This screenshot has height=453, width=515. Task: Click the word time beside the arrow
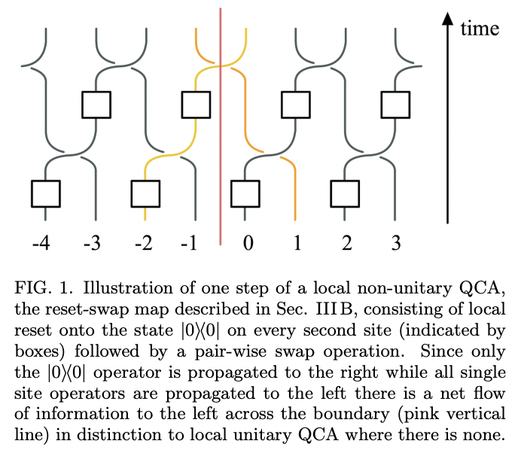(x=479, y=29)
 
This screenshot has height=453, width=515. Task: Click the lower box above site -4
(x=45, y=193)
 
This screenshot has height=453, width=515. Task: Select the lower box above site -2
(x=145, y=193)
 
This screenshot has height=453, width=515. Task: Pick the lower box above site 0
(x=245, y=193)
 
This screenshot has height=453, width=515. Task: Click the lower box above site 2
(x=346, y=193)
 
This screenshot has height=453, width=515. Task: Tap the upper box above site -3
(x=96, y=105)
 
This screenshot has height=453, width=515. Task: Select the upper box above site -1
(x=196, y=105)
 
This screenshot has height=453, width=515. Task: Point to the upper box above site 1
(x=296, y=105)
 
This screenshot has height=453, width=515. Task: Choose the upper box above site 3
(x=396, y=105)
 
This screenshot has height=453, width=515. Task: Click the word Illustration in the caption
(x=117, y=288)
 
